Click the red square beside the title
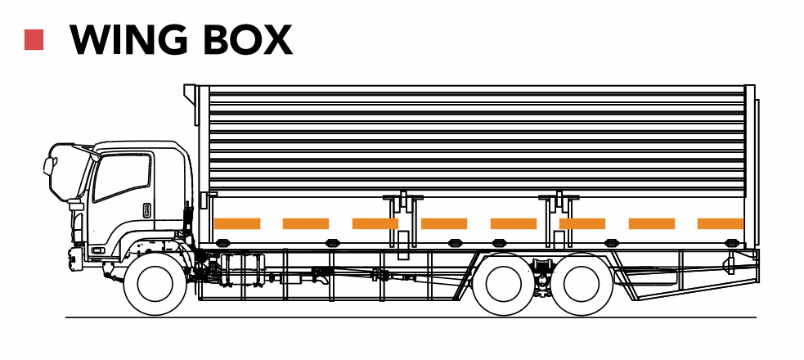point(34,40)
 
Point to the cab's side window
point(123,176)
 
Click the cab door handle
point(147,209)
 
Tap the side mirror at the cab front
point(50,168)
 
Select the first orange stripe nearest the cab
point(237,223)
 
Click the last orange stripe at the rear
point(721,223)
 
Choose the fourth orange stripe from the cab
point(444,223)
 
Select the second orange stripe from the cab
point(306,223)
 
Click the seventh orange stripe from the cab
point(652,223)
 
